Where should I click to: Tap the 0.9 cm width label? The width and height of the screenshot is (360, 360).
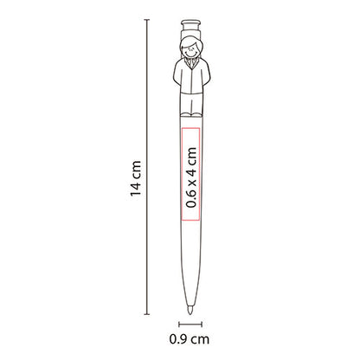click(190, 339)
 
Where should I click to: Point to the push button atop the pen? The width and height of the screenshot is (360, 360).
click(190, 22)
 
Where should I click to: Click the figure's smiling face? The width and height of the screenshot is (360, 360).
click(190, 48)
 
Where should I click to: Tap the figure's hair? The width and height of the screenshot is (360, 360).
click(190, 39)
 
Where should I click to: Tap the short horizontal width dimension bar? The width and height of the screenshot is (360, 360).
click(190, 323)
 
